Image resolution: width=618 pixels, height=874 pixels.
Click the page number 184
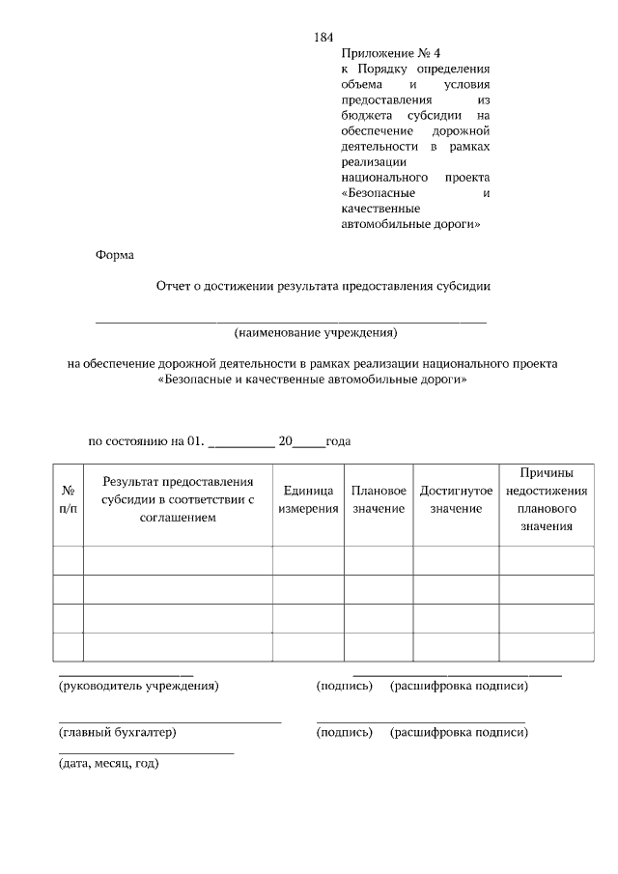coord(323,38)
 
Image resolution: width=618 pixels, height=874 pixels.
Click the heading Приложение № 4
coord(383,54)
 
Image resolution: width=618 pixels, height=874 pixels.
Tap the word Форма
coord(115,255)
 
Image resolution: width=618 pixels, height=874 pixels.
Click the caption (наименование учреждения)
coord(316,333)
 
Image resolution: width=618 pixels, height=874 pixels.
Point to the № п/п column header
coord(68,499)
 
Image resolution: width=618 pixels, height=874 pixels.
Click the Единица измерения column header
coord(308,499)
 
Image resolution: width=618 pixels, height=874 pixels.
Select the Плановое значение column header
coord(378,499)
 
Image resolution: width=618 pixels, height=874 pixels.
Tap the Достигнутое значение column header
coord(456,499)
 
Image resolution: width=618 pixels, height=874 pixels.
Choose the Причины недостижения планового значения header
coord(546,499)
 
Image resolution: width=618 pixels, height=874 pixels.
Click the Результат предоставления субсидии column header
coord(178,499)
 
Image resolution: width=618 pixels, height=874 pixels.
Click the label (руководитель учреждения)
coord(139,686)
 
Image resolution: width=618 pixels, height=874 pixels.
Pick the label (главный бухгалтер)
coord(118,733)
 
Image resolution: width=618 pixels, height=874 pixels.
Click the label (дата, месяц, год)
coord(109,763)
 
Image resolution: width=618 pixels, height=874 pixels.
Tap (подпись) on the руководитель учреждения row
coord(344,686)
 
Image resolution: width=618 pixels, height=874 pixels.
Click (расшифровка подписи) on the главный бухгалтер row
coord(459,733)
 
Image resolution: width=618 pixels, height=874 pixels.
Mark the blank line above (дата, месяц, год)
coord(146,751)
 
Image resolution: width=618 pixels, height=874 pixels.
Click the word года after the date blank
coord(338,441)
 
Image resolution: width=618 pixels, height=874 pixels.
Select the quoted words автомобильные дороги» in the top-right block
coord(410,224)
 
